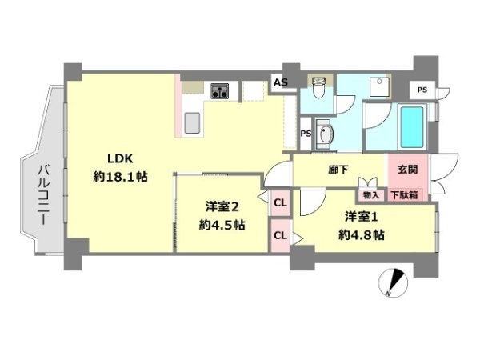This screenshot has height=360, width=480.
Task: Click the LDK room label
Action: pyautogui.click(x=120, y=158)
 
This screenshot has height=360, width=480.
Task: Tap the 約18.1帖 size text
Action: pyautogui.click(x=120, y=177)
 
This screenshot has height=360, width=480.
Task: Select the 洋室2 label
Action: pyautogui.click(x=222, y=207)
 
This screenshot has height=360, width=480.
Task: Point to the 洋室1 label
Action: pyautogui.click(x=362, y=217)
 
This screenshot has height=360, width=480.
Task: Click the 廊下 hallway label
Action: pyautogui.click(x=338, y=170)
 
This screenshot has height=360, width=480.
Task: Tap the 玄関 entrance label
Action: pyautogui.click(x=408, y=170)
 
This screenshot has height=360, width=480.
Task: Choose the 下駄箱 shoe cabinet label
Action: pyautogui.click(x=405, y=195)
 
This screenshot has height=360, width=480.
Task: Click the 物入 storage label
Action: pyautogui.click(x=371, y=195)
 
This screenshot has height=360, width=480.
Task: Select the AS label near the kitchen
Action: pyautogui.click(x=281, y=82)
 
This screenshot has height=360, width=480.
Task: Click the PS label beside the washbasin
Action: pyautogui.click(x=306, y=134)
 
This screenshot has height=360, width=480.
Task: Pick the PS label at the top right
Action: pyautogui.click(x=422, y=90)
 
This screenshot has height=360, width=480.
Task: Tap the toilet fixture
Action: pyautogui.click(x=319, y=87)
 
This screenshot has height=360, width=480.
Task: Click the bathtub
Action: pyautogui.click(x=412, y=126)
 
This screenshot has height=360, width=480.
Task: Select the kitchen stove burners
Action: pyautogui.click(x=220, y=91)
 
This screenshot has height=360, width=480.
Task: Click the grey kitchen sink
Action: pyautogui.click(x=192, y=122)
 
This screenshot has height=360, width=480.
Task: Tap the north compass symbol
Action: pyautogui.click(x=393, y=282)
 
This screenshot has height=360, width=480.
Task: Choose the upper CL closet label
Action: pyautogui.click(x=281, y=202)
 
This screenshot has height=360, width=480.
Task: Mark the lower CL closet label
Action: pyautogui.click(x=281, y=235)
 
